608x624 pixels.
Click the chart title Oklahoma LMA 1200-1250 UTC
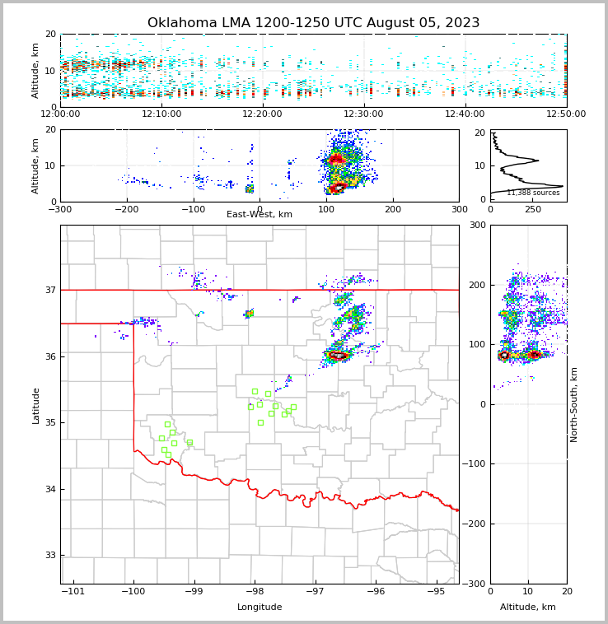pos(313,23)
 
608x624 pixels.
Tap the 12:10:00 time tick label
pos(161,114)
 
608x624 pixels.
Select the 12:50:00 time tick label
pos(566,114)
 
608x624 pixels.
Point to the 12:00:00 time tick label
pos(61,114)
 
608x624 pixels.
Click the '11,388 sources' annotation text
pos(533,193)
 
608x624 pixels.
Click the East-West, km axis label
pos(260,215)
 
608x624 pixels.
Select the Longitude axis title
pos(260,608)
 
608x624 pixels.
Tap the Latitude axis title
pos(35,405)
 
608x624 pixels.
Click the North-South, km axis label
pos(574,404)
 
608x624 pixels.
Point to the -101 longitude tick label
pos(73,591)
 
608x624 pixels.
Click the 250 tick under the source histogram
pos(533,209)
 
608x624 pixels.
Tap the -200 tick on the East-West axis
pos(127,209)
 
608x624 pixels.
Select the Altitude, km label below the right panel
pos(528,608)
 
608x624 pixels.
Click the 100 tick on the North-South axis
pos(477,344)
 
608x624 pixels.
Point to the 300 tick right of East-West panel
pos(459,209)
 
